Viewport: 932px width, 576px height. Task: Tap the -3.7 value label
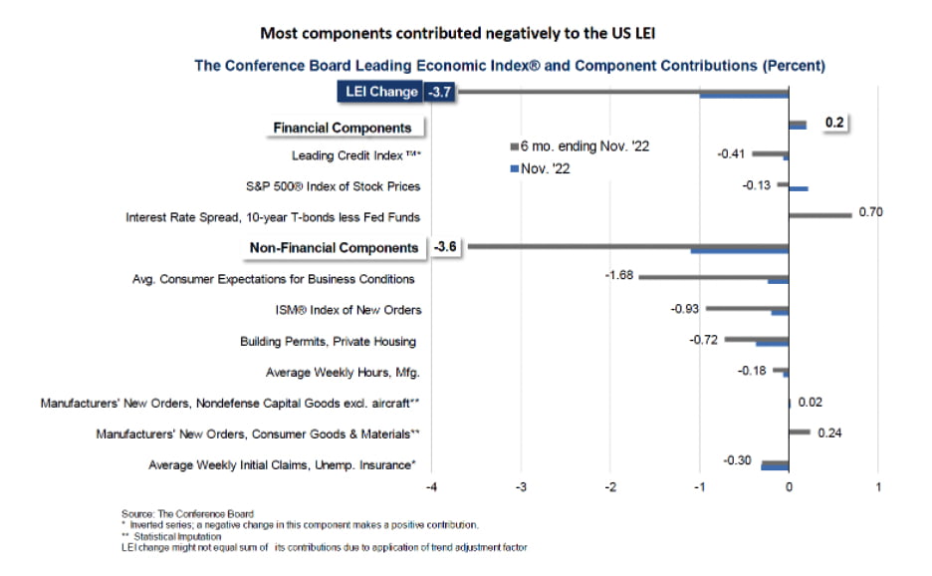[x=440, y=93]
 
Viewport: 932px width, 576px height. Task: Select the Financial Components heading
[x=343, y=128]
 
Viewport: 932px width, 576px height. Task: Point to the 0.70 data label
[x=870, y=211]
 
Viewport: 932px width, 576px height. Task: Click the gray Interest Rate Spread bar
[x=819, y=213]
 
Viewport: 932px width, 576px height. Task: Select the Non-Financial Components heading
[x=335, y=247]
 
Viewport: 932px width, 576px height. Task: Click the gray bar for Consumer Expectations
[x=713, y=276]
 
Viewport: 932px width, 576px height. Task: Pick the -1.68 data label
[x=619, y=275]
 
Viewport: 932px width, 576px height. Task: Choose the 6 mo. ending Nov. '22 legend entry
[x=579, y=146]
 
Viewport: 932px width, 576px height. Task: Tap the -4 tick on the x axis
[x=431, y=487]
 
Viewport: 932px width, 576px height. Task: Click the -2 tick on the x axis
[x=609, y=487]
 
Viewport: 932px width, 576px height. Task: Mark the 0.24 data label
[x=829, y=432]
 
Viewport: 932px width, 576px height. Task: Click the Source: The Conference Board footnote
[x=187, y=514]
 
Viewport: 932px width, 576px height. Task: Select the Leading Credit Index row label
[x=355, y=155]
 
